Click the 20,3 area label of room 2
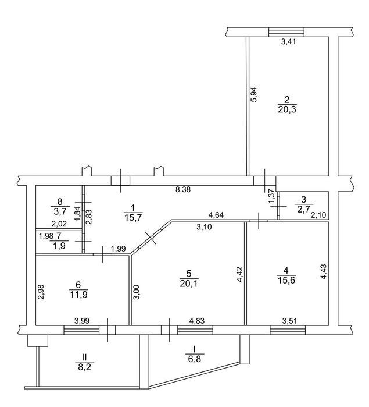[x=287, y=109]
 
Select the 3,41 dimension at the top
[x=288, y=41]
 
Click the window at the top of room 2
[x=286, y=32]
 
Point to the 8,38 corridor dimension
[x=183, y=189]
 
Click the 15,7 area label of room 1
[x=133, y=217]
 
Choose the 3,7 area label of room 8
[x=60, y=211]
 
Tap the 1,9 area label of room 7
[x=59, y=246]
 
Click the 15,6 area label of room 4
[x=286, y=280]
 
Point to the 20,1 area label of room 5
[x=189, y=284]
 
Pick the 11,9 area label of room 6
[x=78, y=295]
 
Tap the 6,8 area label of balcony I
[x=195, y=359]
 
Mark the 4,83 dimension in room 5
[x=197, y=321]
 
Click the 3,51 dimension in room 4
[x=289, y=321]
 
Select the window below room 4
[x=288, y=330]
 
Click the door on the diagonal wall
[x=151, y=238]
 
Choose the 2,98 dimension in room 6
[x=41, y=292]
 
